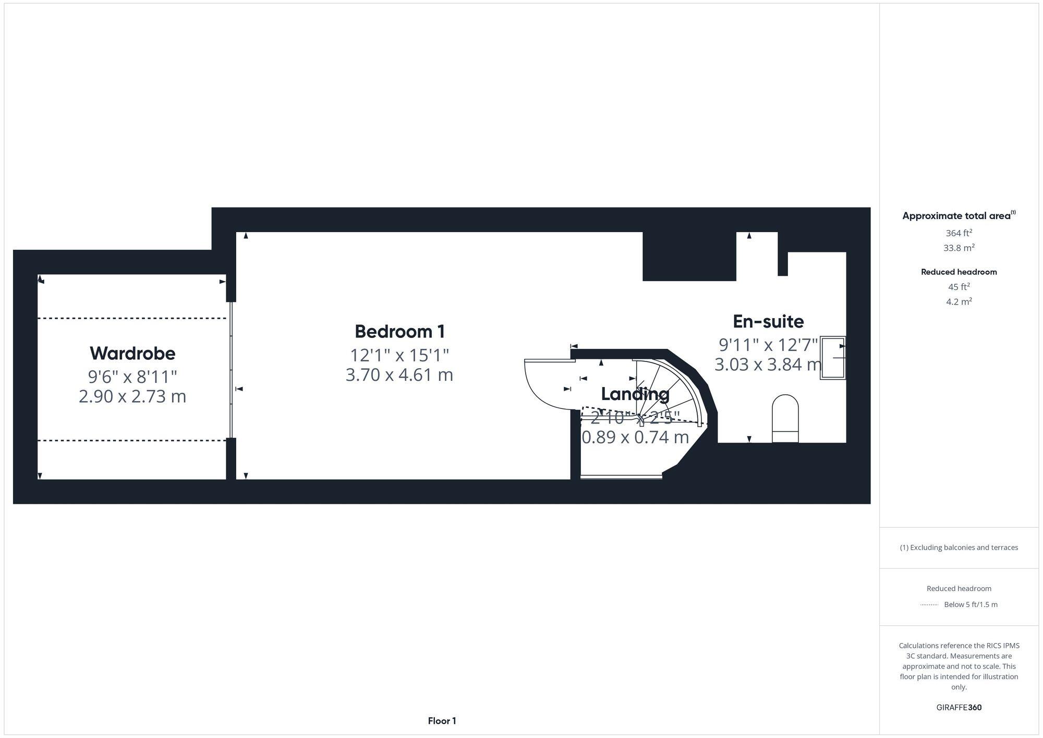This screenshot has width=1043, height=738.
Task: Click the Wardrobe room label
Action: click(x=132, y=353)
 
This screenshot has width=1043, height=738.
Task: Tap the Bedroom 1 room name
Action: click(x=399, y=331)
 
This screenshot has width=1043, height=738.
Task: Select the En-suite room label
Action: click(x=768, y=321)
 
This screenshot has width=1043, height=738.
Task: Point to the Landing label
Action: click(x=635, y=394)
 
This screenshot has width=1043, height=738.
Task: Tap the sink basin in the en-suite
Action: click(x=833, y=358)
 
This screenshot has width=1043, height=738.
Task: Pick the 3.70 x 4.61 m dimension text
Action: click(x=399, y=375)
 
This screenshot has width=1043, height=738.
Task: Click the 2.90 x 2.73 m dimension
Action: click(x=132, y=396)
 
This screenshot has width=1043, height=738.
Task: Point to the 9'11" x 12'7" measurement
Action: click(x=768, y=344)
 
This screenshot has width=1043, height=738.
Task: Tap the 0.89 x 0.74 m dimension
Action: click(x=635, y=437)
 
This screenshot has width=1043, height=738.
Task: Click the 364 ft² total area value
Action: click(x=959, y=233)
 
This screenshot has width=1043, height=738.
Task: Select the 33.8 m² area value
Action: click(x=959, y=248)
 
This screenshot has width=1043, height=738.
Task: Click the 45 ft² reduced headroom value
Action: click(x=959, y=287)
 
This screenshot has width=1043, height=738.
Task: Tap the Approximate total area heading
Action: click(x=959, y=216)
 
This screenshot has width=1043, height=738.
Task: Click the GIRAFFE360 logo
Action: click(x=959, y=707)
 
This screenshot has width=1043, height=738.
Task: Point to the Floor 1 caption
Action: click(x=442, y=721)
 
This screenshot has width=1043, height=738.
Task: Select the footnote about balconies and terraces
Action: click(x=959, y=547)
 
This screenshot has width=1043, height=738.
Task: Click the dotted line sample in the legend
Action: click(x=929, y=605)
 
